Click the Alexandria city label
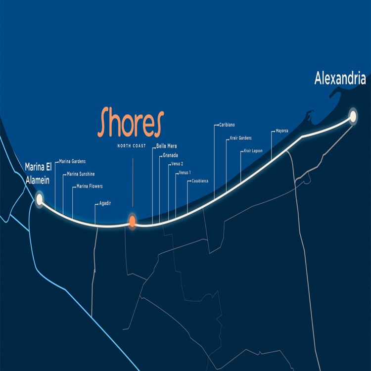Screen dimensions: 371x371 tap(340, 79)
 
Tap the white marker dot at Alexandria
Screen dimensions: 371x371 tap(353, 116)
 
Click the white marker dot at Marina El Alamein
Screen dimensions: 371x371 tap(39, 199)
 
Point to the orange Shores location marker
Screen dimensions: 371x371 tap(132, 221)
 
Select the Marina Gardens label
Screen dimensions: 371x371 tap(72, 161)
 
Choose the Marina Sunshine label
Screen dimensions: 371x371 tap(81, 174)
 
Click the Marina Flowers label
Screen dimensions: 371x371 tap(90, 186)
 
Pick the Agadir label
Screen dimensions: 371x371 tap(105, 203)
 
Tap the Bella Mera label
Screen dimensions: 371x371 tap(166, 146)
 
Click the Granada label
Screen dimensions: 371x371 tap(170, 155)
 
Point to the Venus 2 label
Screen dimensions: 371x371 tap(177, 164)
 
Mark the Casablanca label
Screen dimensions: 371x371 tap(200, 181)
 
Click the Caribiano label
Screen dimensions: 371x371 tap(227, 125)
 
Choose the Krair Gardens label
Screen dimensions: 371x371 tap(241, 138)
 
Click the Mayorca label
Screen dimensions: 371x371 tap(281, 131)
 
